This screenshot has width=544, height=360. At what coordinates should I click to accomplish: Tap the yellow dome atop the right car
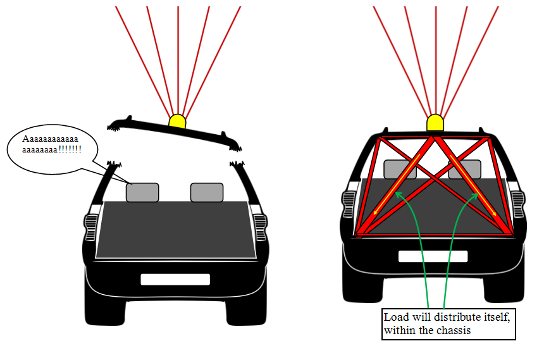tap(435, 122)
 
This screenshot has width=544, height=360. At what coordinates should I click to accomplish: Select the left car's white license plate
tap(175, 279)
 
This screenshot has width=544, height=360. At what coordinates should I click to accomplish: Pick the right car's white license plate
tap(433, 256)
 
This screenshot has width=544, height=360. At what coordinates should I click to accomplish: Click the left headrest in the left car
tap(142, 192)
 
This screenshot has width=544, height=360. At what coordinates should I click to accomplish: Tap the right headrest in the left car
tap(207, 192)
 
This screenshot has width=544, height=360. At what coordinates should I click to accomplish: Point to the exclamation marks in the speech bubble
tap(70, 149)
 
